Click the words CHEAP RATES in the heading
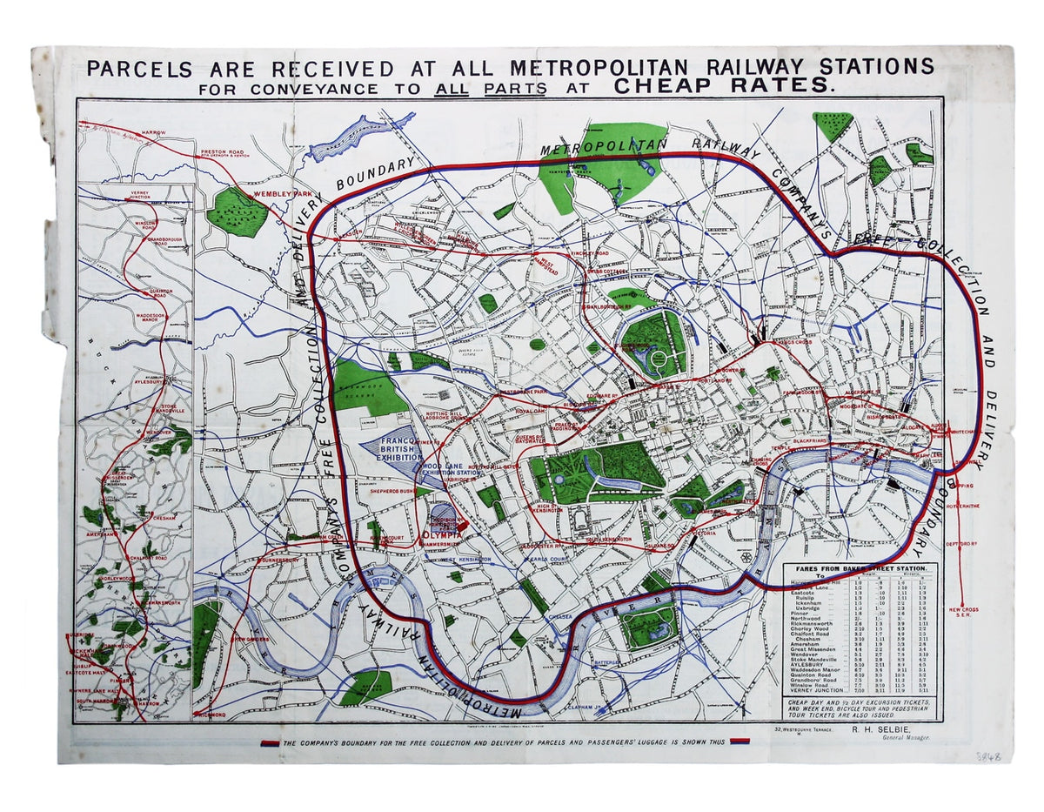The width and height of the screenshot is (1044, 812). click(x=723, y=85)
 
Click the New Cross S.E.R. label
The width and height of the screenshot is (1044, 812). click(x=963, y=612)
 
